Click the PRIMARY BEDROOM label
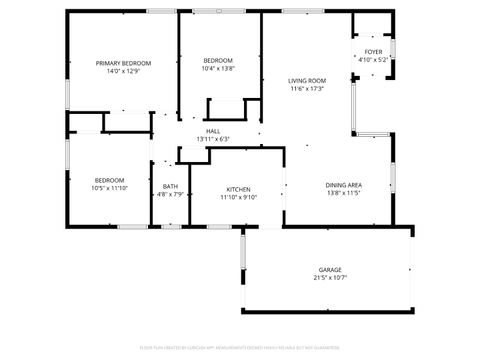118,63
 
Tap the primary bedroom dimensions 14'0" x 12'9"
118,71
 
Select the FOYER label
373,51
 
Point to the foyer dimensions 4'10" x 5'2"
373,59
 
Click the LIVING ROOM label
308,80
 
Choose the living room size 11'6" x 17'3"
308,88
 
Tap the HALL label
213,131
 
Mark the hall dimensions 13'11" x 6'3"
213,139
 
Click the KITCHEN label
238,189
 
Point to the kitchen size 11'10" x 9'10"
238,197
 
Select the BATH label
170,186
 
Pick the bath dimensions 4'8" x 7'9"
170,194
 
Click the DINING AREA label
343,184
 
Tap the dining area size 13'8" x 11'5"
343,192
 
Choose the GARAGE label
330,270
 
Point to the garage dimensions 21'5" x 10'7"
330,278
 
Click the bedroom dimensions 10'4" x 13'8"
217,68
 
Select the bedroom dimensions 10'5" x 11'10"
111,188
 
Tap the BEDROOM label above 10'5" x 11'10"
111,180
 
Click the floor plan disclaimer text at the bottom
240,347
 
